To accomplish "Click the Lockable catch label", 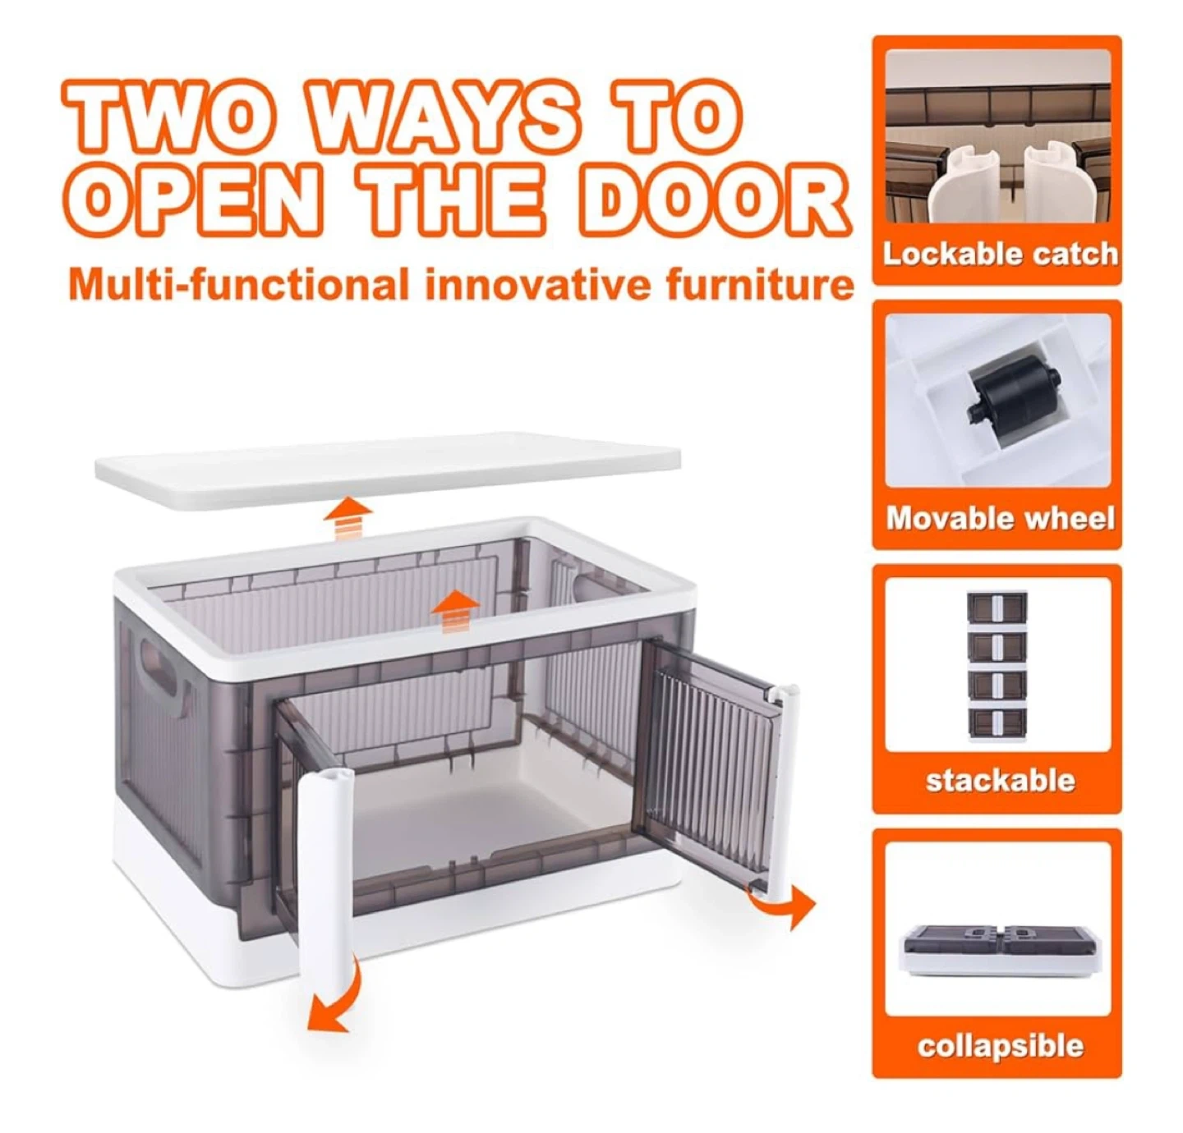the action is [999, 254].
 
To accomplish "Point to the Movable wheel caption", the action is [1000, 518].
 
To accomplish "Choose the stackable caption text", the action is [1000, 781].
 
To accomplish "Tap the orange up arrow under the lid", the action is [348, 517].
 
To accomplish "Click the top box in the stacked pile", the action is [997, 608].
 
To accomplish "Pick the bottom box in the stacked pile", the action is [997, 724].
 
